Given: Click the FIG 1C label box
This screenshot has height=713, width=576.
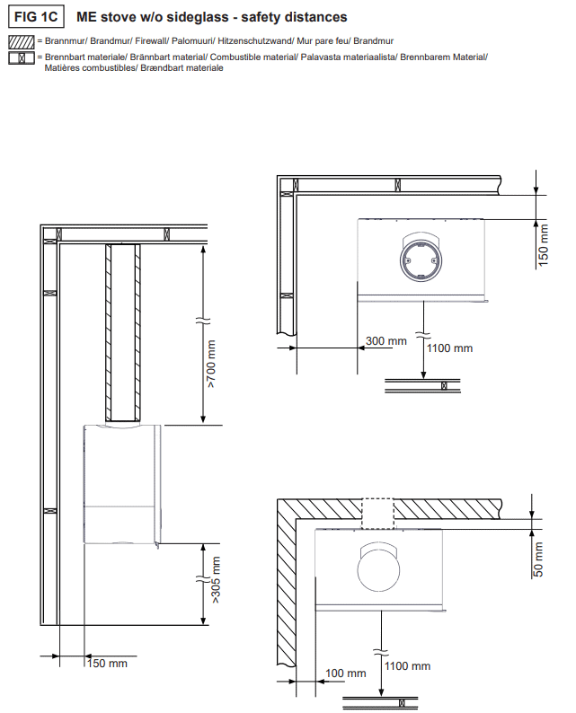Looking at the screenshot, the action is click(x=36, y=17).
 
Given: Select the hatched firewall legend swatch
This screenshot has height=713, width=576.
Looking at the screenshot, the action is click(x=22, y=42).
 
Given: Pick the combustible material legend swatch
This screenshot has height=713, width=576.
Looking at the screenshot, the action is click(x=22, y=57).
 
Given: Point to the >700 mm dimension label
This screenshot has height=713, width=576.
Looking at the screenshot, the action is click(x=212, y=364).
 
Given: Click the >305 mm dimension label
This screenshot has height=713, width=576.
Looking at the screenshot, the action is click(x=216, y=580).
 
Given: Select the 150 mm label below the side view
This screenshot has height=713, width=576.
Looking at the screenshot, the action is click(x=107, y=664).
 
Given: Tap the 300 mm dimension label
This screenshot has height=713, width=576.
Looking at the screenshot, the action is click(x=386, y=340).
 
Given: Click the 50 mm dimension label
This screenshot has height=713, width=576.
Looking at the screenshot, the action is click(x=538, y=559).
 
